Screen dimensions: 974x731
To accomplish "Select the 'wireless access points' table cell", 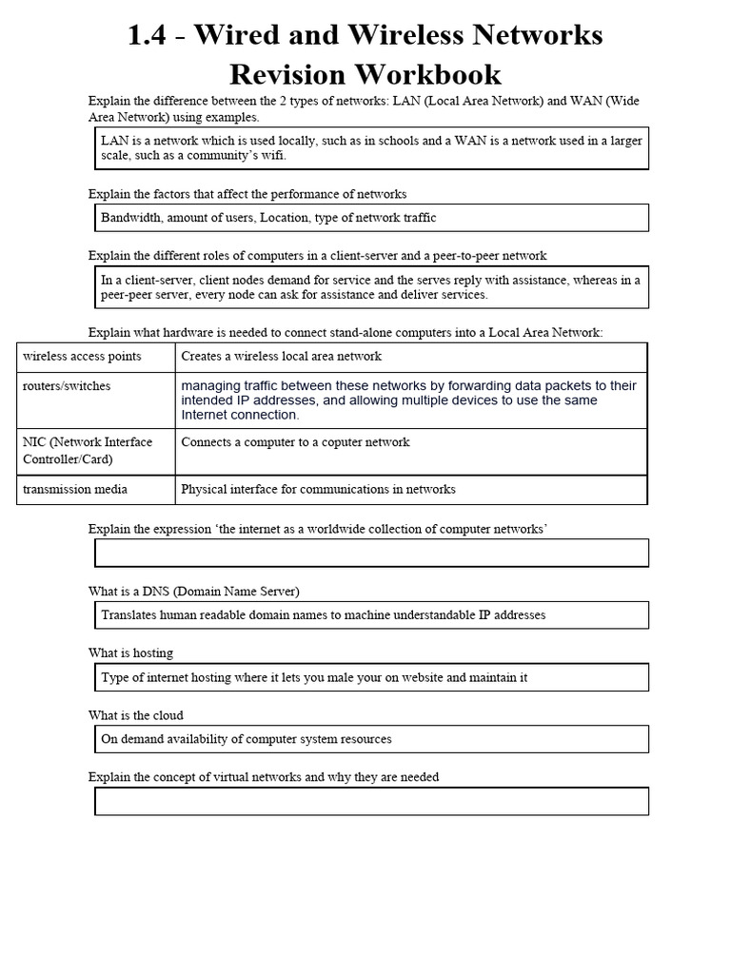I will [x=82, y=356].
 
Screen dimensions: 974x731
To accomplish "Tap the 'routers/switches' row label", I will [x=67, y=386].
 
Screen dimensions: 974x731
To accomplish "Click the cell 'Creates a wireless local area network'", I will [x=281, y=356].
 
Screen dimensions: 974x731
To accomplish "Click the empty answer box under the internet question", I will [x=371, y=553].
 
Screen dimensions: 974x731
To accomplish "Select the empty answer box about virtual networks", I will [x=371, y=801].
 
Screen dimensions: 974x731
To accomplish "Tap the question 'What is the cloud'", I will [x=136, y=715].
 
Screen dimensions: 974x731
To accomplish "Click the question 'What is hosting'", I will [x=131, y=653].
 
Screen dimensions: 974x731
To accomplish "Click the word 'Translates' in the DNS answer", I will [x=130, y=615].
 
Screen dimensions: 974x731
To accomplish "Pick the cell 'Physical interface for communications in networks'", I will [x=318, y=489].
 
